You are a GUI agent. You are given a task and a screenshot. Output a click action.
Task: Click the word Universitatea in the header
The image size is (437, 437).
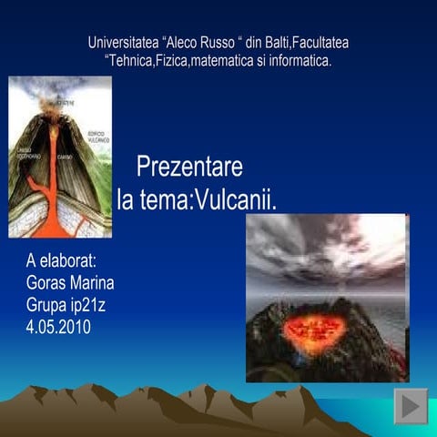[122, 43]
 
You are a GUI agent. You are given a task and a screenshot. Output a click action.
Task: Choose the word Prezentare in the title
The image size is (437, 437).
[189, 168]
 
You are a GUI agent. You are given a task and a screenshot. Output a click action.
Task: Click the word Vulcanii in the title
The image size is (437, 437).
[236, 198]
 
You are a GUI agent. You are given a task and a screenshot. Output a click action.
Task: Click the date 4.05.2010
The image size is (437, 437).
[59, 325]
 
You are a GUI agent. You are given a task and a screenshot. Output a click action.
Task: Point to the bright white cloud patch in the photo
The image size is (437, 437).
[382, 239]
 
